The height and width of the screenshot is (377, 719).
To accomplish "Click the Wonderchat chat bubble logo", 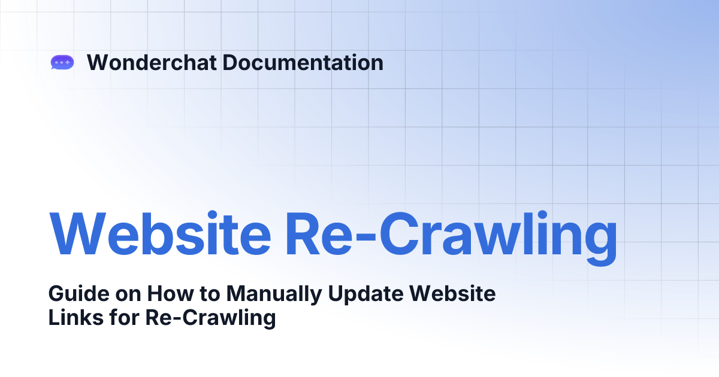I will click(x=62, y=62).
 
